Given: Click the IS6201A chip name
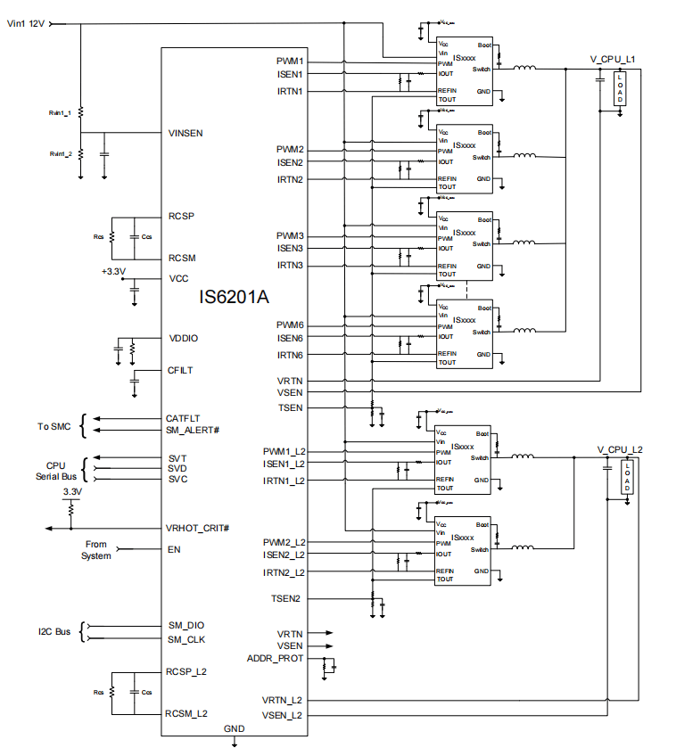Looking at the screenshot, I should tap(234, 297).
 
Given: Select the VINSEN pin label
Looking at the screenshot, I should tap(185, 133).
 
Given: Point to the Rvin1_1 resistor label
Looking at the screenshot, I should tap(61, 113).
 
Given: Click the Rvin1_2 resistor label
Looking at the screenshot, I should tap(61, 153).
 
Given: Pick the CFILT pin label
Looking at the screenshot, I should tap(181, 370).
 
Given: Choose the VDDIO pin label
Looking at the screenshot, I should tap(183, 339).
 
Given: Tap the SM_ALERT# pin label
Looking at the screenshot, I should tap(193, 430).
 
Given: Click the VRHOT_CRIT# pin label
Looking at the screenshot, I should tap(198, 528).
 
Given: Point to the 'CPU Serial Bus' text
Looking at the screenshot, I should tap(56, 472).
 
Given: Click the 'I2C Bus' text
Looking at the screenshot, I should tap(55, 632).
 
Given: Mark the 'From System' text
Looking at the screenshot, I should tap(96, 550).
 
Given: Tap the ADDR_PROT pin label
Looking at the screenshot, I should tap(275, 659).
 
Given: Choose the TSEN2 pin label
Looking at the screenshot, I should tap(287, 598).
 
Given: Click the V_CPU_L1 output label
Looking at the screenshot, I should tap(612, 59).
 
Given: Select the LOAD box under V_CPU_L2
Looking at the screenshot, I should tap(628, 478).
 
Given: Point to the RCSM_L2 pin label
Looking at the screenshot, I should tap(186, 714).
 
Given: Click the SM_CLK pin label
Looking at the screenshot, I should tap(186, 638).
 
